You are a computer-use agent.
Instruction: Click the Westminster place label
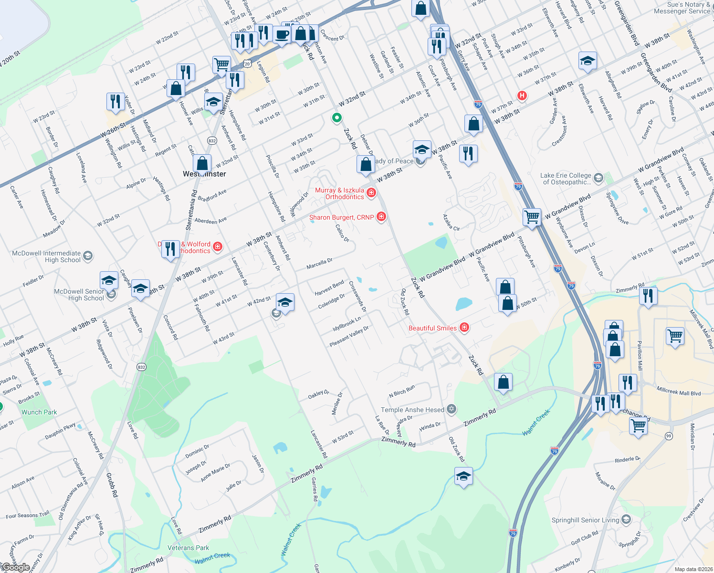(204, 174)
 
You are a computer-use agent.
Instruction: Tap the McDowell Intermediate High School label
(46, 257)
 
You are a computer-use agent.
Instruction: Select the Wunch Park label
(39, 412)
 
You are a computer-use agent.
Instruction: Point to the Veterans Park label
(188, 548)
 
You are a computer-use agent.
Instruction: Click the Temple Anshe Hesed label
(412, 410)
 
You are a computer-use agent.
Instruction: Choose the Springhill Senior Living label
(585, 520)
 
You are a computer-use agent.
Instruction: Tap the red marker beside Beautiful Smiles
(464, 328)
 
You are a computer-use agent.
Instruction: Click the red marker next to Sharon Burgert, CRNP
(381, 217)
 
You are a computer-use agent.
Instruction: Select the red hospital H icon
(522, 95)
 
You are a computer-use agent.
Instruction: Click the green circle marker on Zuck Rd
(336, 117)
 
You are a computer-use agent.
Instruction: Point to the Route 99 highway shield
(669, 436)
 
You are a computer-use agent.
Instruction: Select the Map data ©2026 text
(693, 569)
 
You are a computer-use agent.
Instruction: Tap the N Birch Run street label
(402, 391)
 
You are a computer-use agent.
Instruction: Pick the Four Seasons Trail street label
(27, 515)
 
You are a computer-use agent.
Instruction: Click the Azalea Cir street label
(451, 223)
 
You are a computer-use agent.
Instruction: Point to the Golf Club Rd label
(584, 538)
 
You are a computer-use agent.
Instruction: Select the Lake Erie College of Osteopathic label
(566, 179)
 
